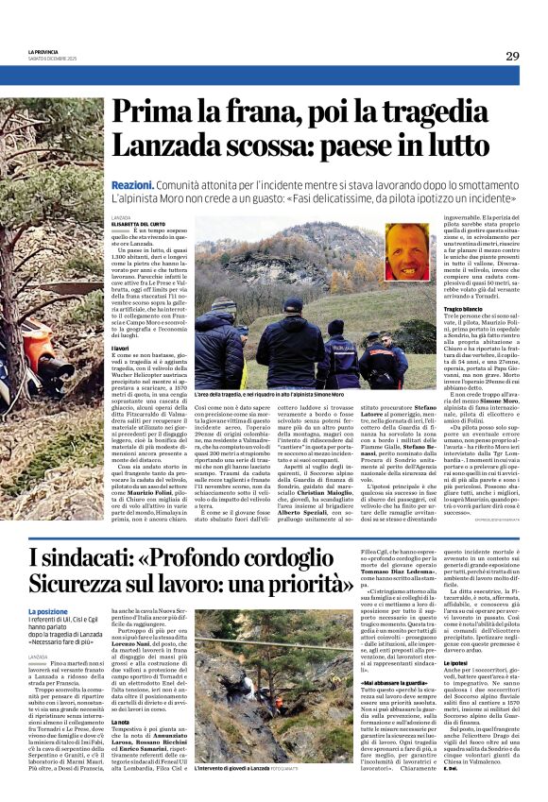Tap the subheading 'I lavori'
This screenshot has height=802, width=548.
[120, 348]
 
